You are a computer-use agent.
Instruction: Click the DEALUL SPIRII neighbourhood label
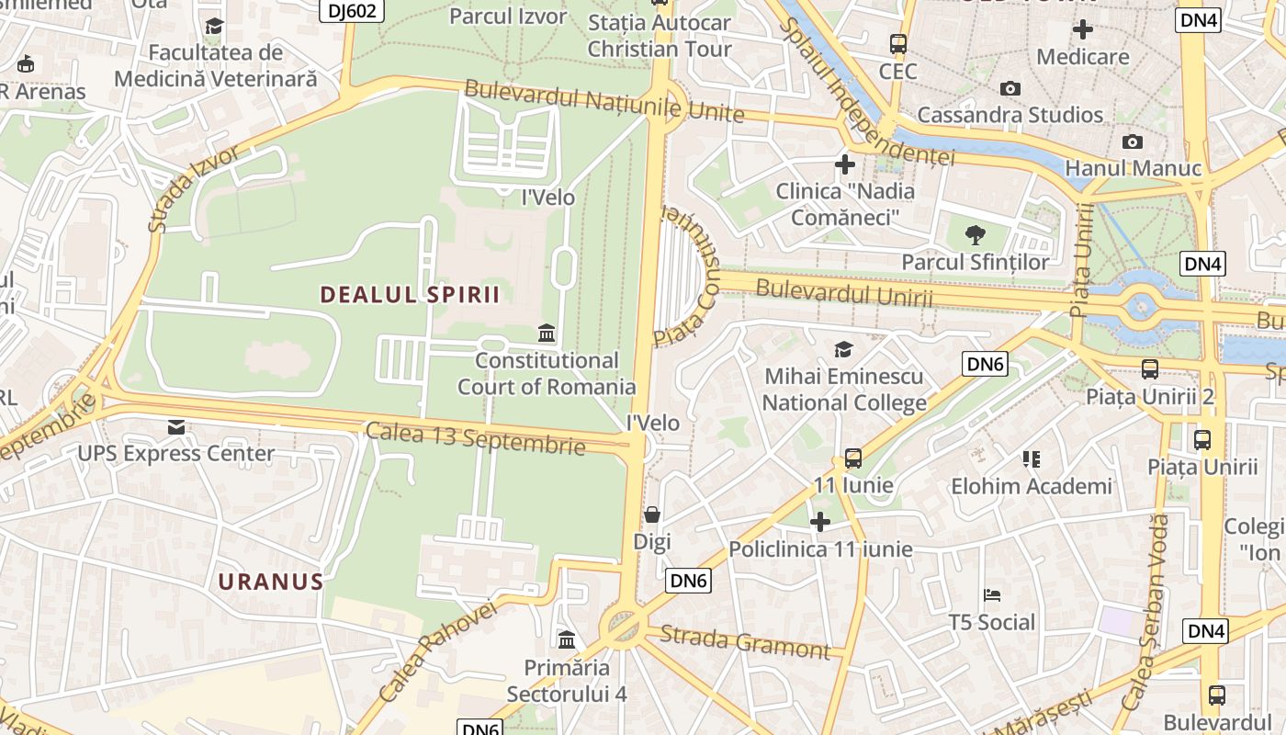(410, 294)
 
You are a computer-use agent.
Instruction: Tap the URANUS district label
(271, 582)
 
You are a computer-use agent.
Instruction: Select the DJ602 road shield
(352, 10)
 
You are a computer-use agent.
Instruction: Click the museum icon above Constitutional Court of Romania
(547, 333)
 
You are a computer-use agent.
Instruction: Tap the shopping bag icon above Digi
(652, 514)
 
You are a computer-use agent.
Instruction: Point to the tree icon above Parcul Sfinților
(975, 235)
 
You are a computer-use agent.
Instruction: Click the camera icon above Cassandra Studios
(1010, 88)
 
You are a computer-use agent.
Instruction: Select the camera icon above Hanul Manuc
(1133, 141)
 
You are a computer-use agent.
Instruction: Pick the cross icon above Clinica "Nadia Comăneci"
(845, 164)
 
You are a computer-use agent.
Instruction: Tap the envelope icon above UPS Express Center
(175, 427)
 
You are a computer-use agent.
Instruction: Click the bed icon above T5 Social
(991, 595)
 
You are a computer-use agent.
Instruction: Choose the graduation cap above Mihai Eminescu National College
(843, 349)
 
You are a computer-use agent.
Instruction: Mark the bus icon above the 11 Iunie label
(853, 458)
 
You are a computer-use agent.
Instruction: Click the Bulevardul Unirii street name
(843, 293)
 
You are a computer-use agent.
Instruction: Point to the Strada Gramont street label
(745, 641)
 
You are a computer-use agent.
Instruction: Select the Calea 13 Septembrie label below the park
(475, 438)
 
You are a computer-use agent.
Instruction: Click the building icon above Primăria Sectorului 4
(567, 639)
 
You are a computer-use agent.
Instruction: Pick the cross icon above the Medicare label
(1083, 29)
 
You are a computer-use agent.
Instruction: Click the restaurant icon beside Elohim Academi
(1032, 458)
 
